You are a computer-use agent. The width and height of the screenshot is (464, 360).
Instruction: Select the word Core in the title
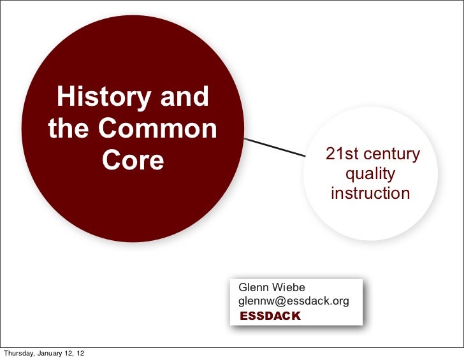click(x=133, y=161)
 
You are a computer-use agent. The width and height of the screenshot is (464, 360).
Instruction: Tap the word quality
click(x=370, y=174)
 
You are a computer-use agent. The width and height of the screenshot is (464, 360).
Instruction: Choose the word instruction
click(x=370, y=193)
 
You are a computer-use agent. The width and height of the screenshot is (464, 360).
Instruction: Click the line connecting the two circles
click(x=274, y=147)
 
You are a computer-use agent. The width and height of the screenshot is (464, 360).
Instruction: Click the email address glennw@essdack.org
click(x=293, y=301)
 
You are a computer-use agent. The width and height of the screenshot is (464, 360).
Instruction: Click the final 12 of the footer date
click(x=84, y=354)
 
